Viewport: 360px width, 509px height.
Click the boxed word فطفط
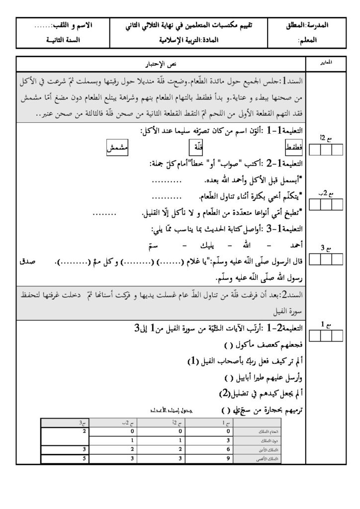(294, 148)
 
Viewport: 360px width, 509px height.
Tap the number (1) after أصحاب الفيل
(193, 361)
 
